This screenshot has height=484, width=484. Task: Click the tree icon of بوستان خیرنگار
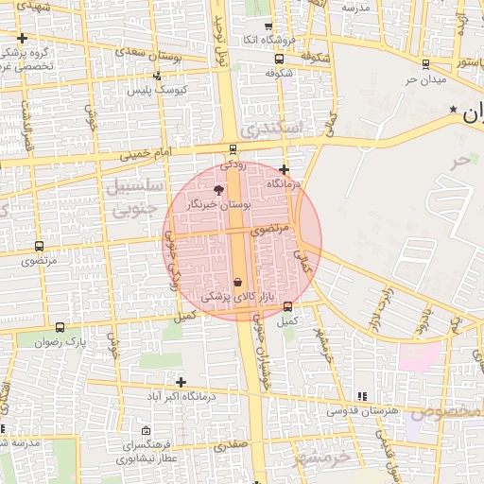(x=219, y=190)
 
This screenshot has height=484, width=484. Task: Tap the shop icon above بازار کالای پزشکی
(x=237, y=282)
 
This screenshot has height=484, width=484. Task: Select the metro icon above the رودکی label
(x=233, y=149)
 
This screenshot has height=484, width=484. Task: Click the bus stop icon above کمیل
(x=287, y=306)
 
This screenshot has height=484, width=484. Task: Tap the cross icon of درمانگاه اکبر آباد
(x=181, y=382)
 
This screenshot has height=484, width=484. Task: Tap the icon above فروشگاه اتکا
(x=268, y=26)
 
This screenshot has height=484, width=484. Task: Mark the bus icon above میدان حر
(x=425, y=64)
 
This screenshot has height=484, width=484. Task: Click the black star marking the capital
(x=455, y=111)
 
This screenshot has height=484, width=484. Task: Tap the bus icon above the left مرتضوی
(x=38, y=245)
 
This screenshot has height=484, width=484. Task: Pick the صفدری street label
(x=230, y=443)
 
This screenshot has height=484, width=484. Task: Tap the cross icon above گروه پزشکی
(x=22, y=38)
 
